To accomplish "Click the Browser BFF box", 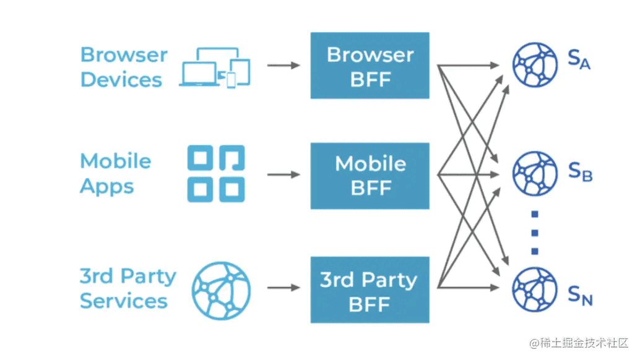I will point(370,66).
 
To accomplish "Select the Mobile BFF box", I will point(370,176).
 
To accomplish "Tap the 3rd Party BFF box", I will point(370,290).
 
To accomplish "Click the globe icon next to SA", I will point(535,64).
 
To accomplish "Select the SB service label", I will point(580,172).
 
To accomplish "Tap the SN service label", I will point(580,296).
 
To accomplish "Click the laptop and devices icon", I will point(215,67).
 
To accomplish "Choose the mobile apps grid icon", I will point(216,174).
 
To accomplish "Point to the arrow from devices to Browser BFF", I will point(283,65).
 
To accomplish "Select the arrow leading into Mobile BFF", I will point(283,174).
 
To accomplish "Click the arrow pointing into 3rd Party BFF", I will point(283,288).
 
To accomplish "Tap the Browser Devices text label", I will point(123,67).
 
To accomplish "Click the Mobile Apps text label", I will point(115,173).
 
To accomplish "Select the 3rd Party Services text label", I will point(127,288).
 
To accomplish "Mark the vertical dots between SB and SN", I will point(535,233).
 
